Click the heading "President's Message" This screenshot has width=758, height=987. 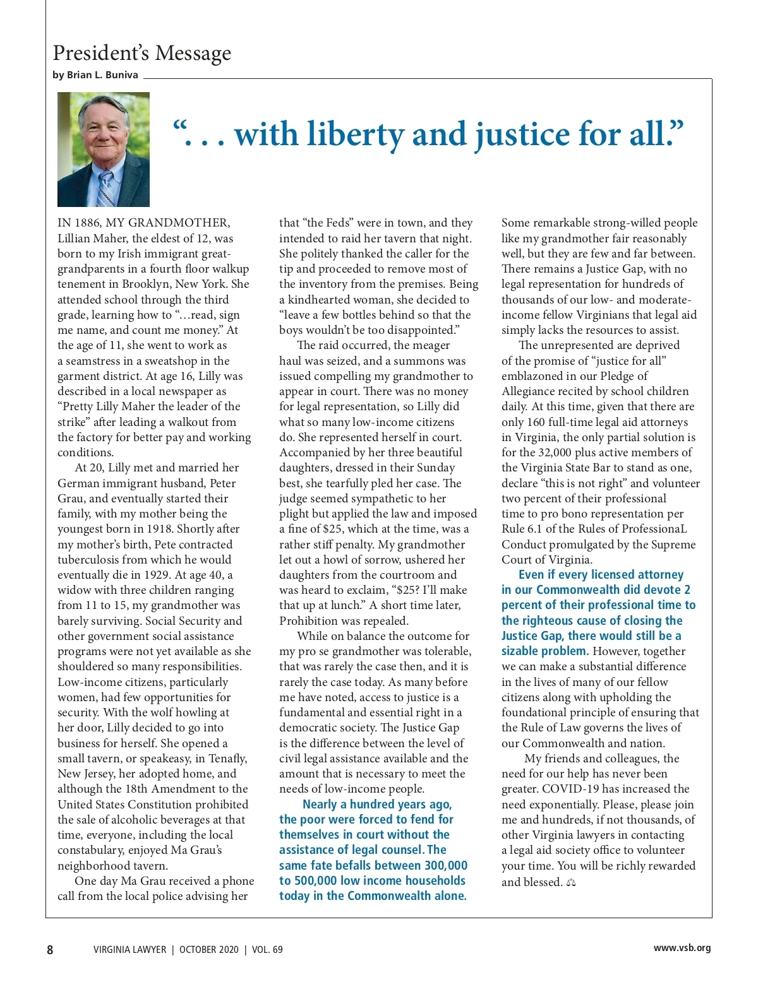coord(141,53)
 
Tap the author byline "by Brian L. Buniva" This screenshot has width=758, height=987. coord(95,74)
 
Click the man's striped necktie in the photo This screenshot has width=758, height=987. coord(105,187)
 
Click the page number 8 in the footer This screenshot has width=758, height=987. coord(50,949)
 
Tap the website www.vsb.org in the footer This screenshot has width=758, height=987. coord(682,947)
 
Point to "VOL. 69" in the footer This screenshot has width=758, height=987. coord(267,949)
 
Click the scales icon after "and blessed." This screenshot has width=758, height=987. coord(571,882)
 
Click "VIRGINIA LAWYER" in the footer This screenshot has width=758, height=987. coord(129,949)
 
